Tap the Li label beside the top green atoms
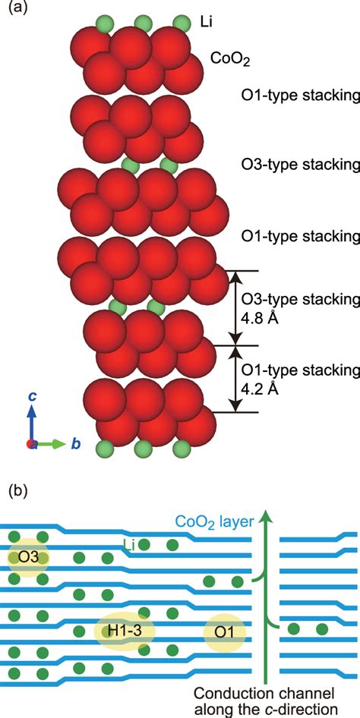coord(208,22)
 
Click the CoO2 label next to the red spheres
coord(229,58)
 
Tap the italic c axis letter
coord(32,396)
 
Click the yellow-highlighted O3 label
coord(27,558)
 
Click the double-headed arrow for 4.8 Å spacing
coord(235,307)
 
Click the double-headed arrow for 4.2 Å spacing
coord(235,379)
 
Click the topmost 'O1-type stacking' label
coord(298,96)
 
